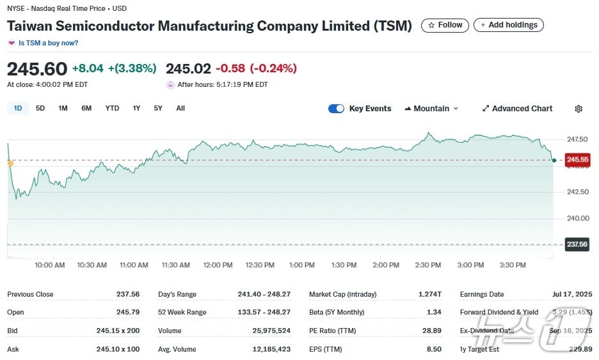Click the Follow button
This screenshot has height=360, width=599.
point(444,25)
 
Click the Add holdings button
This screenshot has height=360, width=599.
point(509,25)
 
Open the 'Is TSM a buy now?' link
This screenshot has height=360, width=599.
point(48,43)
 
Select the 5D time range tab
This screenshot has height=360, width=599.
point(40,108)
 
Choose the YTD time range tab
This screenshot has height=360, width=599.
point(112,108)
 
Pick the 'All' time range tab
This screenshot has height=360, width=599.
point(180,108)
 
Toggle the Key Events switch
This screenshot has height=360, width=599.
point(336,109)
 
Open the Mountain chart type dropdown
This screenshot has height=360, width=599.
point(431,109)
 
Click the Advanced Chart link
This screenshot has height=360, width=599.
point(517,109)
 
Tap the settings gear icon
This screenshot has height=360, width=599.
point(579,109)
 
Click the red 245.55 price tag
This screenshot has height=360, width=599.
point(577,160)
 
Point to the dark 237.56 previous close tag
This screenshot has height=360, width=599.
point(577,244)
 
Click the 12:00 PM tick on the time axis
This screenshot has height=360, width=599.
point(218,265)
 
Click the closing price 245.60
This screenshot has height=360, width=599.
point(37,68)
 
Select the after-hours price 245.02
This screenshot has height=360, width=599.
point(188,68)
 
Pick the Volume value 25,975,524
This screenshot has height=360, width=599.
point(271,331)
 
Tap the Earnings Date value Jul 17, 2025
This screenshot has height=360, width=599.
point(572,294)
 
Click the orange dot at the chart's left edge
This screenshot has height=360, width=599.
point(10,164)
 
